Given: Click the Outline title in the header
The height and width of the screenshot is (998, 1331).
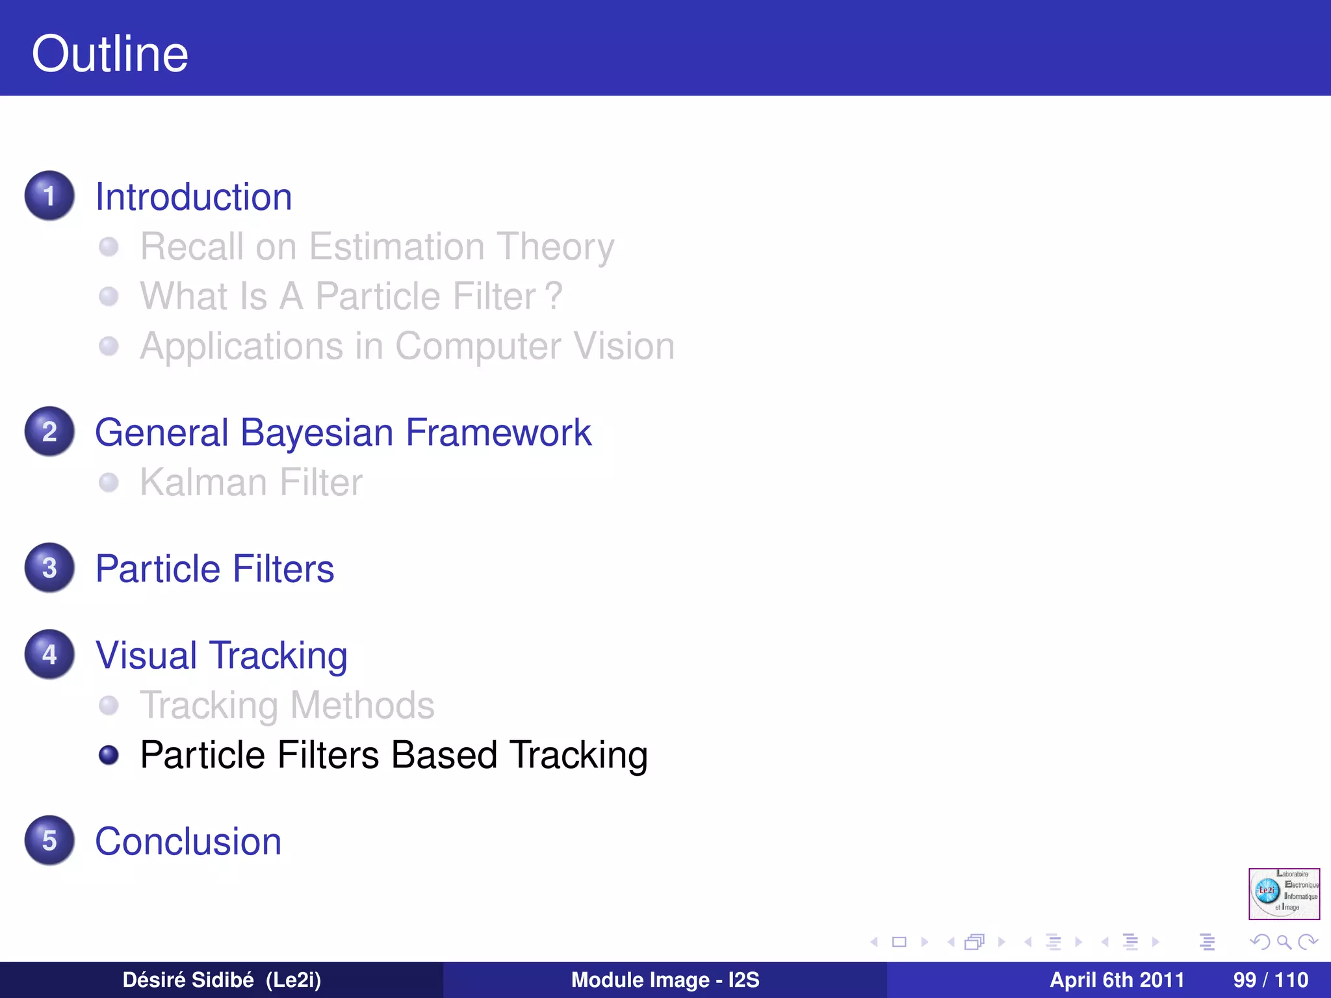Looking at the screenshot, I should click(x=110, y=53).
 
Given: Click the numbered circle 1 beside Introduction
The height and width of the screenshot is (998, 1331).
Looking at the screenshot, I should click(x=49, y=196).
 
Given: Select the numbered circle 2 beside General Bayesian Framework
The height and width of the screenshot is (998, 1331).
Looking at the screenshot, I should click(x=49, y=431).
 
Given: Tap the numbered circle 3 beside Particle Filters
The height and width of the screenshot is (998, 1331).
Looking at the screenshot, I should click(x=49, y=568).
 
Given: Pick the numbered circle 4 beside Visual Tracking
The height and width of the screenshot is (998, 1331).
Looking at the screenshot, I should click(x=49, y=654).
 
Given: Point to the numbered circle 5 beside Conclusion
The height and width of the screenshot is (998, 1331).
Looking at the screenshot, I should click(x=49, y=840).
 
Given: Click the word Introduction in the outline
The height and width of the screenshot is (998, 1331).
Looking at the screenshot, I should click(x=194, y=197).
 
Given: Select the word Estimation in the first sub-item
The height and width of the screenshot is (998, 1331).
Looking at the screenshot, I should click(x=396, y=247).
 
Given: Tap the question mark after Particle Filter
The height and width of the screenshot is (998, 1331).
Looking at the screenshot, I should click(x=554, y=296).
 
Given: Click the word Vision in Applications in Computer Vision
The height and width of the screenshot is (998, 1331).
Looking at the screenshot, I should click(x=625, y=346).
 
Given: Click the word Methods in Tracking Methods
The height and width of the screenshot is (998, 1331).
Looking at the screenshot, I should click(x=362, y=706).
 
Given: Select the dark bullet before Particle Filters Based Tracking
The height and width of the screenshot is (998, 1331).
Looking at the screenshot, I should click(x=109, y=755).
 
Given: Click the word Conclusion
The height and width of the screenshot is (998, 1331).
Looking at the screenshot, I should click(x=188, y=841).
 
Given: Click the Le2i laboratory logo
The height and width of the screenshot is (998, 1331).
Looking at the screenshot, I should click(x=1284, y=894).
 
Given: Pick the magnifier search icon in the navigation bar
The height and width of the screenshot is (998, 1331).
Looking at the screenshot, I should click(x=1284, y=941).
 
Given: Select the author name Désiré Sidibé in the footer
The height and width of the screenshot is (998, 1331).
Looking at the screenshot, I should click(x=188, y=980).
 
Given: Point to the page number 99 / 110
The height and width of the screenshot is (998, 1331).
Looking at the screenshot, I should click(x=1270, y=980).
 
